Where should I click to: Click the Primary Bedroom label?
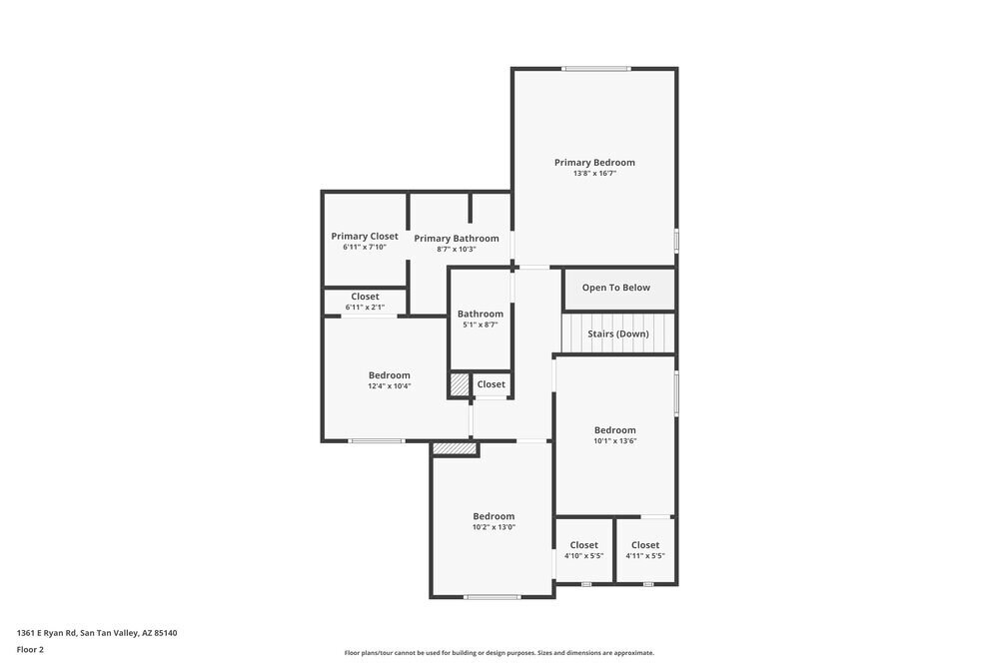(x=594, y=162)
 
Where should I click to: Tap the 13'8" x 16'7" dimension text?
(x=594, y=173)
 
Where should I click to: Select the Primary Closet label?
(x=365, y=237)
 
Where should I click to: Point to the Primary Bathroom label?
(x=457, y=239)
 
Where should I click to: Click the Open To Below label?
(x=616, y=288)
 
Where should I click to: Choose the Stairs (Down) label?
(x=618, y=333)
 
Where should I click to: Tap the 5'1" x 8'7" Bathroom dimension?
(x=481, y=325)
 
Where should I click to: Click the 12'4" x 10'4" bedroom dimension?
(x=389, y=386)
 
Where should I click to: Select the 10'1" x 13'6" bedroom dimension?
(x=615, y=440)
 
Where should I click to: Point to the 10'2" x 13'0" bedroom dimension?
(x=494, y=527)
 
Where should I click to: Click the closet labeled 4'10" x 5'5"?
(x=584, y=551)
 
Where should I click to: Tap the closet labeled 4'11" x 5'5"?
(x=645, y=551)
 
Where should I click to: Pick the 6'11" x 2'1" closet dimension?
(x=365, y=308)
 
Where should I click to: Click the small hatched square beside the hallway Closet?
(x=460, y=384)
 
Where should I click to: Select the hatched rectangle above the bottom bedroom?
(x=456, y=450)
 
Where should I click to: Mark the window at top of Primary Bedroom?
(x=596, y=69)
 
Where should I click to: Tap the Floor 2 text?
(x=30, y=649)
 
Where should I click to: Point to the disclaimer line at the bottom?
(x=499, y=653)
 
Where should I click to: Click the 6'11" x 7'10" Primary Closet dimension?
(x=365, y=248)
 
